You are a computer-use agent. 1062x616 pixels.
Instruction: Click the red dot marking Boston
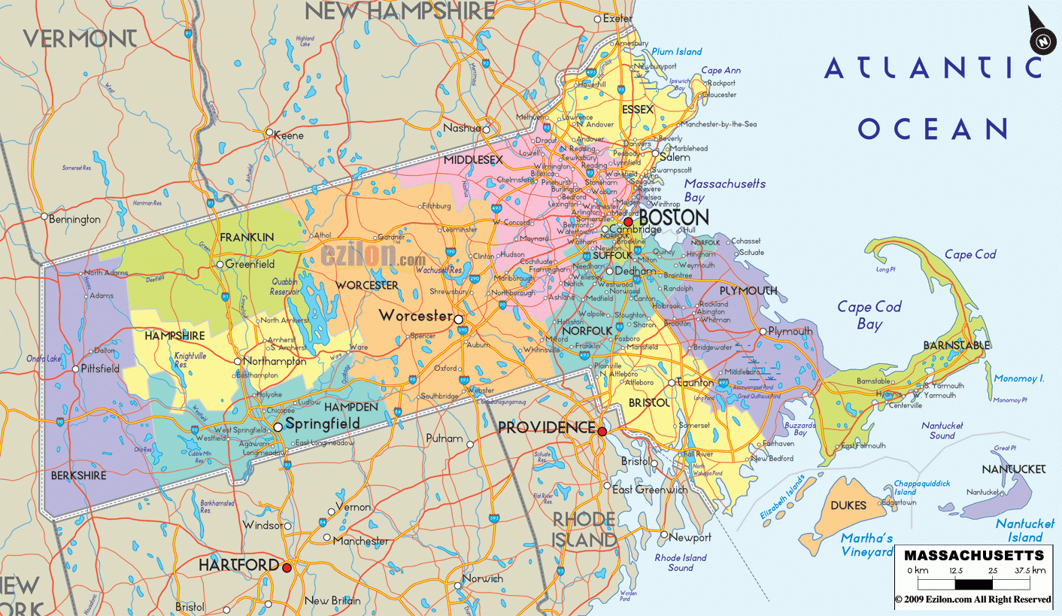click(x=629, y=222)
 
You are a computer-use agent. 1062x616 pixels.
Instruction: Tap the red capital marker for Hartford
click(x=287, y=568)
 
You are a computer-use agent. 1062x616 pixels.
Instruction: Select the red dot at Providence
click(x=602, y=431)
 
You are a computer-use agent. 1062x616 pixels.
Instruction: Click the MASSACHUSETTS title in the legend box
click(x=974, y=556)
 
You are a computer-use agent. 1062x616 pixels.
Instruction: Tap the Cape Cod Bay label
click(x=869, y=315)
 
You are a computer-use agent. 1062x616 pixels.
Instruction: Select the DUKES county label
click(x=848, y=506)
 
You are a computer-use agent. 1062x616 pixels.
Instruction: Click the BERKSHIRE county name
click(x=78, y=476)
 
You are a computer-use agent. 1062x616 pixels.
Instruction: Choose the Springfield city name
click(x=323, y=425)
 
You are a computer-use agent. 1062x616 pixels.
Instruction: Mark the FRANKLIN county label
click(x=247, y=237)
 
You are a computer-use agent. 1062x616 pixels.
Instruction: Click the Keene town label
click(x=290, y=135)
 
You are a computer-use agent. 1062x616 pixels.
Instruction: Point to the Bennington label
click(x=74, y=220)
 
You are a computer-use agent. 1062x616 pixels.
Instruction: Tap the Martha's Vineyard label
click(x=867, y=545)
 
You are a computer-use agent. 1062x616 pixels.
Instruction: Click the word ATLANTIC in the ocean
click(x=933, y=68)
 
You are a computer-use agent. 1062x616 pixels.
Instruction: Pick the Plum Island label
click(x=677, y=52)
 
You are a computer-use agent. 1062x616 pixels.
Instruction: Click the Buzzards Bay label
click(x=800, y=429)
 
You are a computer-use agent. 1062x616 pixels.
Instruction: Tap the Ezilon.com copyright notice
click(x=973, y=599)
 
